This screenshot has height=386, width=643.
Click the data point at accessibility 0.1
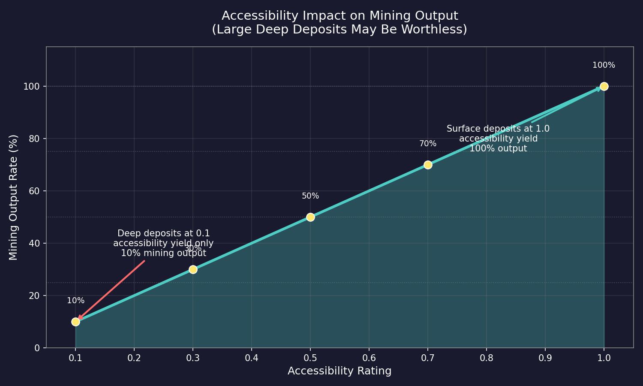(75, 322)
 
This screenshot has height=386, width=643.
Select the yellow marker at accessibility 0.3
(193, 269)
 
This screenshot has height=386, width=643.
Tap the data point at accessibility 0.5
(310, 217)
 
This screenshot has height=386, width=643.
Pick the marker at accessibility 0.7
(428, 165)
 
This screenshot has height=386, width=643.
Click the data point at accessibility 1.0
(604, 86)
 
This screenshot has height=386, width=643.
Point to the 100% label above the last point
(604, 65)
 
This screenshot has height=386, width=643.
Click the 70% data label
(428, 144)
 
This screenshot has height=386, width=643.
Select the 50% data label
(310, 196)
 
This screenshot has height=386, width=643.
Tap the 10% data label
(76, 301)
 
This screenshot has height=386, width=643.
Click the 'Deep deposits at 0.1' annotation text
(163, 234)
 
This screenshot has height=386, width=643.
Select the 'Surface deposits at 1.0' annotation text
(498, 129)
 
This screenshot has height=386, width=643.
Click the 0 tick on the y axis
(38, 348)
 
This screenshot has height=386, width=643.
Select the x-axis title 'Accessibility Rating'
(340, 371)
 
